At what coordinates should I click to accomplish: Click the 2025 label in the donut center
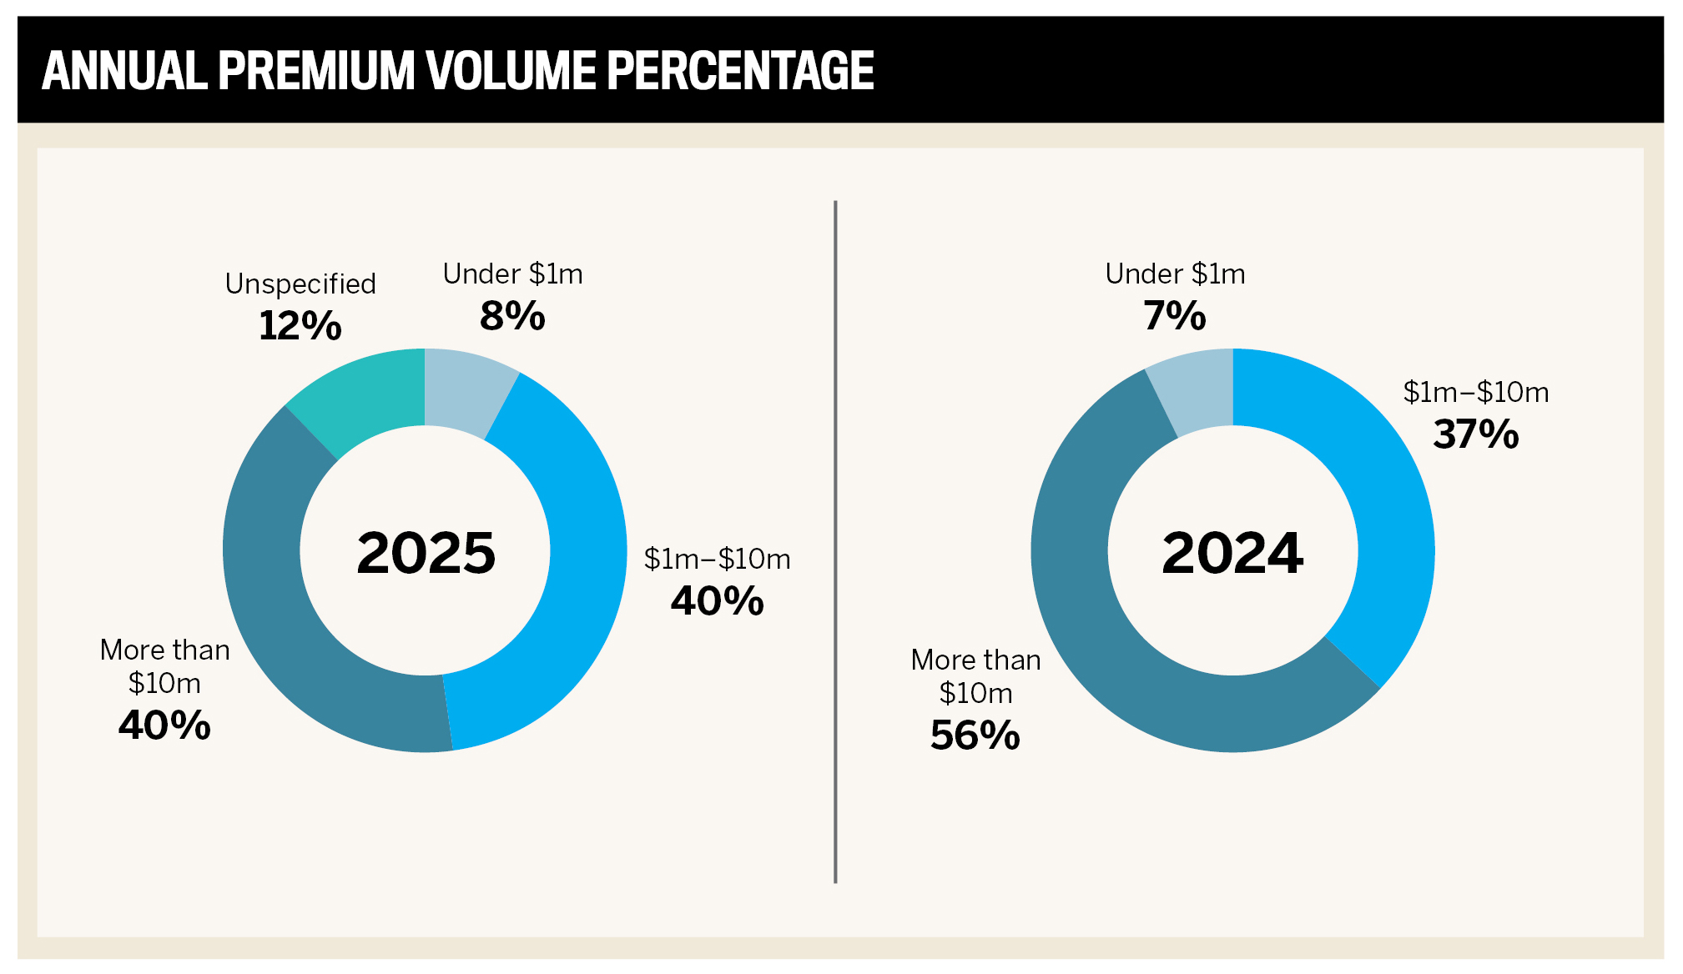click(x=426, y=553)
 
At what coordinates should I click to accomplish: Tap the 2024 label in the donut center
click(x=1232, y=553)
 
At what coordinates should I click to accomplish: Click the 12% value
click(x=300, y=325)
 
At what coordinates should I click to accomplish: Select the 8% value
click(x=512, y=316)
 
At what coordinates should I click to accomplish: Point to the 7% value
click(x=1174, y=316)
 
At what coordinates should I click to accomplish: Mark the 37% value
click(x=1475, y=434)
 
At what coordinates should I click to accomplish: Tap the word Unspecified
click(x=300, y=284)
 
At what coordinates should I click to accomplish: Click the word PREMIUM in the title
click(x=315, y=71)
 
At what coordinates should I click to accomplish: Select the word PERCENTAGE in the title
click(x=740, y=71)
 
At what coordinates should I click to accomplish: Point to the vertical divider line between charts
click(x=835, y=542)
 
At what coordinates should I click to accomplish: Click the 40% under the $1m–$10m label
click(x=717, y=601)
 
